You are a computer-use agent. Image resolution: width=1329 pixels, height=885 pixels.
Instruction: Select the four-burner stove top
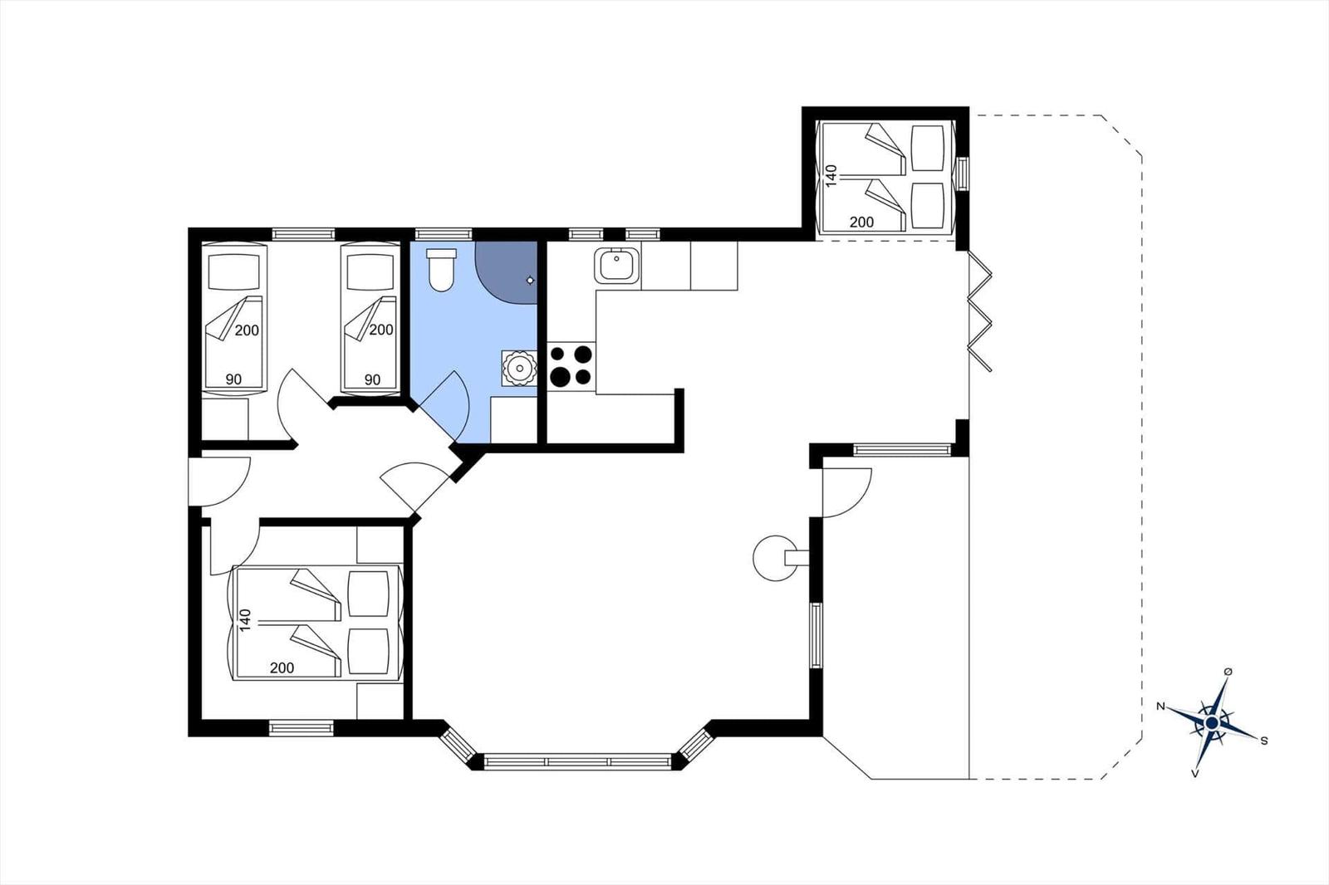(x=571, y=367)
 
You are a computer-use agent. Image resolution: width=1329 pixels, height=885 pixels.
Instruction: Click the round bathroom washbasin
(x=520, y=369)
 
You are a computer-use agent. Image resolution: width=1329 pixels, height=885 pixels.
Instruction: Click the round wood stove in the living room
(x=774, y=558)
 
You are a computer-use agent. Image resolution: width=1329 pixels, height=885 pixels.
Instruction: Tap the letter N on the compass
(x=1160, y=706)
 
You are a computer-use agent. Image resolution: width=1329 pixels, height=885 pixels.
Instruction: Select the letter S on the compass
(x=1264, y=741)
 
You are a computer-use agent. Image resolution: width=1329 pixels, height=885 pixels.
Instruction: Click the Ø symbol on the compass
(x=1228, y=672)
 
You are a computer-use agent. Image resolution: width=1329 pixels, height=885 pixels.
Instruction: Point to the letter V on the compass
(x=1195, y=774)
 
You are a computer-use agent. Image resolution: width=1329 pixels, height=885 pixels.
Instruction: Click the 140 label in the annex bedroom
(x=831, y=176)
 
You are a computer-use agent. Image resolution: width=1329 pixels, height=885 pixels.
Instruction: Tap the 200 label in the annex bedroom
(x=861, y=222)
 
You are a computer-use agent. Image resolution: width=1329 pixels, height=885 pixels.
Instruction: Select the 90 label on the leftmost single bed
(x=233, y=379)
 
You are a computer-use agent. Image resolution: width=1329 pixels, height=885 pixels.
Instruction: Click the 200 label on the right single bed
(x=381, y=330)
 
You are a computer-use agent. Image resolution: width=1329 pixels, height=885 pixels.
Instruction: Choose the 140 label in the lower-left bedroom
(x=245, y=619)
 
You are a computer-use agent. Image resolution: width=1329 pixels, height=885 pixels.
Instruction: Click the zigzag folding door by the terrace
(x=979, y=311)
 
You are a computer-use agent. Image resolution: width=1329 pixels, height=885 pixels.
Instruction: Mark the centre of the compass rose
(x=1212, y=723)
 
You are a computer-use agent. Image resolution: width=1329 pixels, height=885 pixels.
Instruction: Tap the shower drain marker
(x=530, y=280)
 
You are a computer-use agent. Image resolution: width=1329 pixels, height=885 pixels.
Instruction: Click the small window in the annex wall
(x=963, y=174)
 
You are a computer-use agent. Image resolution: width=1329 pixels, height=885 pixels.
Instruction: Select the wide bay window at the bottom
(x=576, y=761)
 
